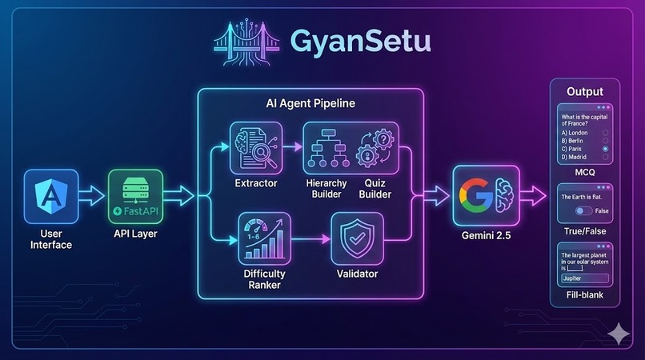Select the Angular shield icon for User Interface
50,194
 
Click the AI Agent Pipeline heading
310,104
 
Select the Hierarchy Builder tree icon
327,148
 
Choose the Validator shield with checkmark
357,238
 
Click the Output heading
585,91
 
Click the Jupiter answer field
585,278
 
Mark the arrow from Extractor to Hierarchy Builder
289,148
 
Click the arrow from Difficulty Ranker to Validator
307,238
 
